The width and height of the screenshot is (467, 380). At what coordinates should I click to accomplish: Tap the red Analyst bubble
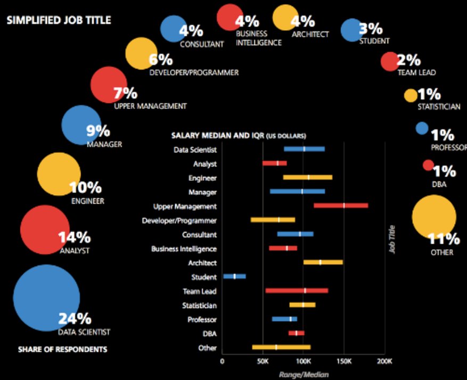[45, 229]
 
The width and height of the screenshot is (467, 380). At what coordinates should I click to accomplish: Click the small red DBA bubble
[428, 165]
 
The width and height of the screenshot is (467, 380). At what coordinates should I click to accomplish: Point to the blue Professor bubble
[422, 128]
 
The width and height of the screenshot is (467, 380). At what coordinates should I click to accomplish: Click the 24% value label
[75, 319]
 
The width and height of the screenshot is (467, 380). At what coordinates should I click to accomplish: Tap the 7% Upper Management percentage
[126, 94]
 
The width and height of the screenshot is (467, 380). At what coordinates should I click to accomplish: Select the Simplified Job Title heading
[59, 20]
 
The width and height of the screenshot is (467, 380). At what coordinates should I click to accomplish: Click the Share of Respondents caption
[62, 350]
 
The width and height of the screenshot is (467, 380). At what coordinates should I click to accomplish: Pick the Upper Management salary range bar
[341, 205]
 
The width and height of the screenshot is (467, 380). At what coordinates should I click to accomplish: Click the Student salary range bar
[234, 276]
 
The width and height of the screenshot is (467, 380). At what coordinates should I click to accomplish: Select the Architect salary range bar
[323, 262]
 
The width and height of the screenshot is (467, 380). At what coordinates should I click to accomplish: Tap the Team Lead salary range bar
[297, 291]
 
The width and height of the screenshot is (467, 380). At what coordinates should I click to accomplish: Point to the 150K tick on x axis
[344, 360]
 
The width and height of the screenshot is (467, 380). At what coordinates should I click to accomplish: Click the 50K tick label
[262, 360]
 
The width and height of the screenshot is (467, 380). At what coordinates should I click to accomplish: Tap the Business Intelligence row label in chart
[184, 249]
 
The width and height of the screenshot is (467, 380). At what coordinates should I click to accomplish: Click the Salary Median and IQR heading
[238, 136]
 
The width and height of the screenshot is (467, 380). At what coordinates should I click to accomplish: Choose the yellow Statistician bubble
[411, 95]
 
